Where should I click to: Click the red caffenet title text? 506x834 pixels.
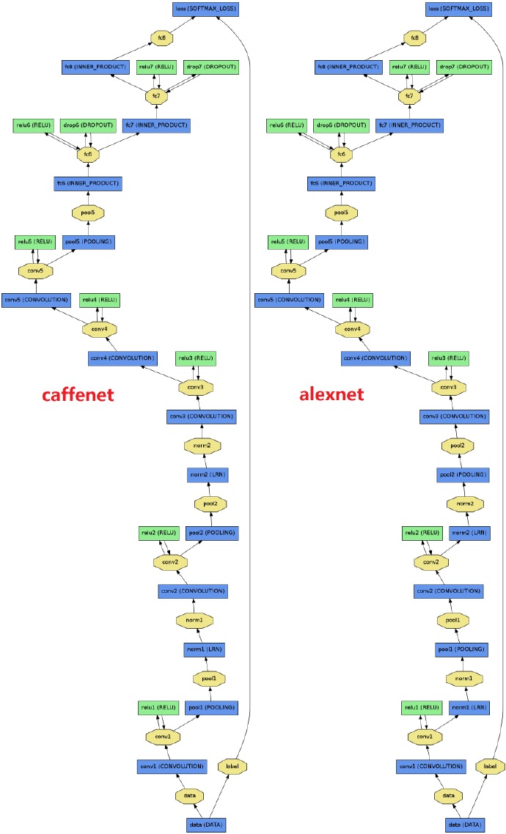tap(77, 396)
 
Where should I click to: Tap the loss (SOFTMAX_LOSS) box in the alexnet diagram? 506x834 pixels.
tap(458, 10)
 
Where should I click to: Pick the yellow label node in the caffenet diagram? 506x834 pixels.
tap(232, 766)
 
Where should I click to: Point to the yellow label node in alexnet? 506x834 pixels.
tap(491, 766)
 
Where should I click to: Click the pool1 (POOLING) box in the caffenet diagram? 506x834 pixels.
tap(210, 707)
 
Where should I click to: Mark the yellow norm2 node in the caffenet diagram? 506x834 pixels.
tap(203, 445)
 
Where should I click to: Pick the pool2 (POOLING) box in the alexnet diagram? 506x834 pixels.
tap(462, 474)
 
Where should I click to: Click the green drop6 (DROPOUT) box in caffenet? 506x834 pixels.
tap(87, 125)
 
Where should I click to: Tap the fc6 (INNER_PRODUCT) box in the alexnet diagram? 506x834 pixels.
tap(340, 182)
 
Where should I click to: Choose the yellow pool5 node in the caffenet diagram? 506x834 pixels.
tap(87, 213)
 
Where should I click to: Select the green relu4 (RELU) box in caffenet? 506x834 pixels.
tap(99, 300)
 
